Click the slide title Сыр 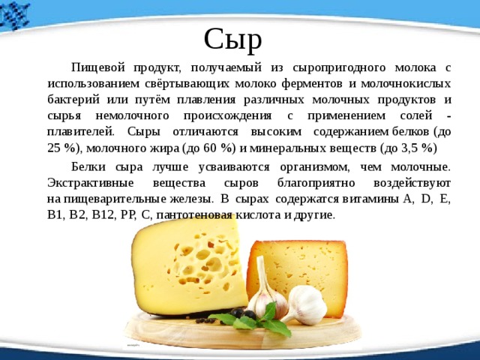click(233, 40)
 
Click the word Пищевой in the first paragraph click(98, 67)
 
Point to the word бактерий click(73, 100)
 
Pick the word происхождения click(227, 116)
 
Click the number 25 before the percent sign click(54, 148)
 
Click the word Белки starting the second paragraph click(88, 167)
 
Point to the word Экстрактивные click(91, 183)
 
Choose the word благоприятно click(316, 183)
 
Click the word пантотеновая click(194, 215)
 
